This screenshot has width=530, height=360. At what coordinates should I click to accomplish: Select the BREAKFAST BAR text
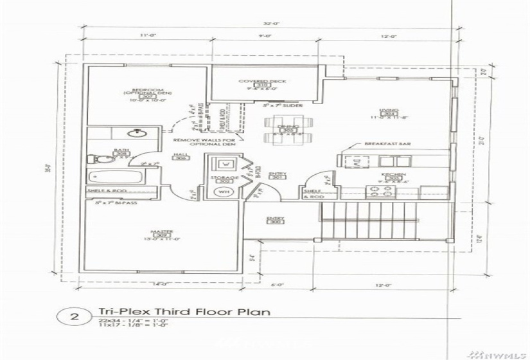tap(387, 144)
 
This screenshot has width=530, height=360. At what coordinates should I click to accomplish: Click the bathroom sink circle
tap(136, 134)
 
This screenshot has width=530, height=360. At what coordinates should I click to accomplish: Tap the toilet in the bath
tap(94, 158)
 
